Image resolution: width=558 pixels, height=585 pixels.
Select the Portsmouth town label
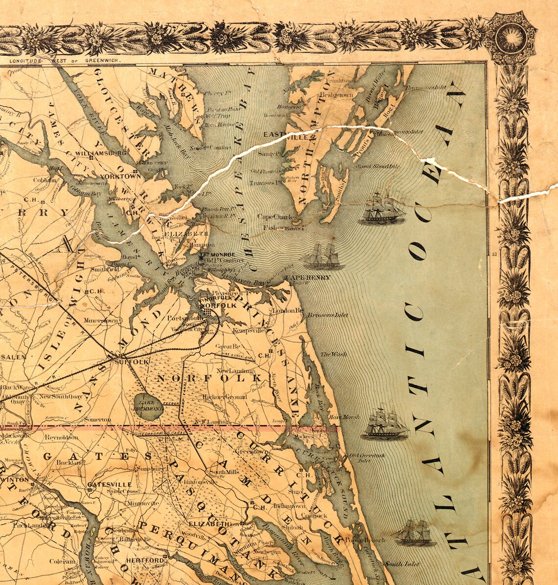pos(182,318)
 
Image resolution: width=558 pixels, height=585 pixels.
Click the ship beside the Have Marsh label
pos(385,422)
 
